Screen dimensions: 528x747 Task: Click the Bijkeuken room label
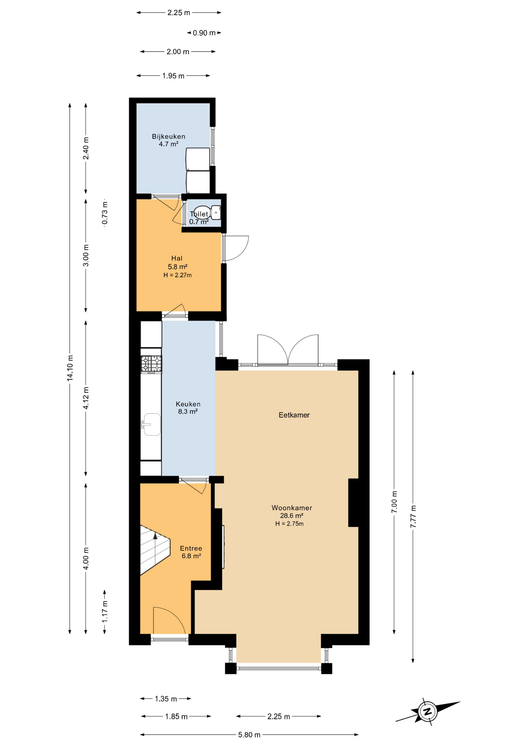(168, 137)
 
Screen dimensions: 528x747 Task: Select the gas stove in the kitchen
(151, 364)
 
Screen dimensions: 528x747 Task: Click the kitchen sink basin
(152, 424)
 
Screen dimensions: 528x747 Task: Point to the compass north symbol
(428, 712)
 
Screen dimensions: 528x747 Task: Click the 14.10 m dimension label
(70, 368)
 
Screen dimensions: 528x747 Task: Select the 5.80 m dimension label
(249, 735)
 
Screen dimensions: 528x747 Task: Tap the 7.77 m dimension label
(413, 516)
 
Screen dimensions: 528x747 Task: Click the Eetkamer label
(294, 415)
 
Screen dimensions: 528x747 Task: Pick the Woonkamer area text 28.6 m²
(292, 516)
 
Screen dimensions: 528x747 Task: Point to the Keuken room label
(188, 404)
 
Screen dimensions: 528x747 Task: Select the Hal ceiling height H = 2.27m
(177, 275)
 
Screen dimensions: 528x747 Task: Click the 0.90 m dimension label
(204, 33)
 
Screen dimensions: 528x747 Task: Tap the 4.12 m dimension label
(86, 398)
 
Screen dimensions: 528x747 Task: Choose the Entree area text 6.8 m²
(191, 556)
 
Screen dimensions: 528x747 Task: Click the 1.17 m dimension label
(105, 612)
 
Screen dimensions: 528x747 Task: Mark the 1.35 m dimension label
(166, 699)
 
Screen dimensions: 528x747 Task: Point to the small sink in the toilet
(216, 213)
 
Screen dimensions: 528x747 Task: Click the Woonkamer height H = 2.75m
(289, 524)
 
